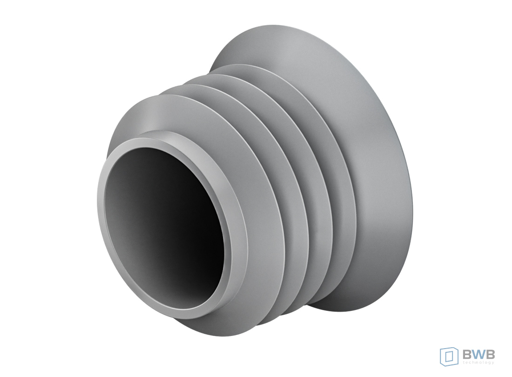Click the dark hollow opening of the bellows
point(163,225)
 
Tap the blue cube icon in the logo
point(449,356)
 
